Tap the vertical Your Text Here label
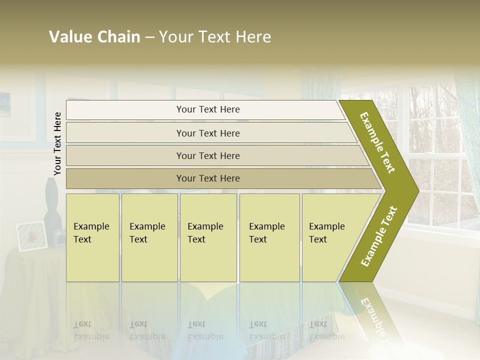point(58,143)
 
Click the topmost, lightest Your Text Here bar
point(207,109)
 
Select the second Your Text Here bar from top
point(207,133)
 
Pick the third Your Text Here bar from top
point(207,155)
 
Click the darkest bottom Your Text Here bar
point(207,178)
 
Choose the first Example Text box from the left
point(92,237)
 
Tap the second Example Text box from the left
point(149,237)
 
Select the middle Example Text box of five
point(207,237)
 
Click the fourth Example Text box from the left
point(269,237)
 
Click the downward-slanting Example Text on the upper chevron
point(377,143)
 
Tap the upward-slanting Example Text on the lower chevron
point(379,236)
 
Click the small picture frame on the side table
point(32,236)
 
